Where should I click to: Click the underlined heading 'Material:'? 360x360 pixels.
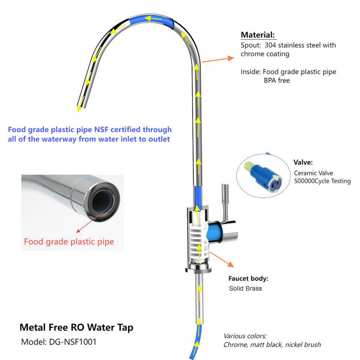click(x=258, y=35)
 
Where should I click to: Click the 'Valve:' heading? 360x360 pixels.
click(x=303, y=163)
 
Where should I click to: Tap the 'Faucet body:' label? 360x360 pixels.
click(x=248, y=279)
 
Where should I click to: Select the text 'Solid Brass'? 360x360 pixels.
click(x=245, y=289)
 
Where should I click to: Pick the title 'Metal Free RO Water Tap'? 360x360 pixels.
click(x=76, y=327)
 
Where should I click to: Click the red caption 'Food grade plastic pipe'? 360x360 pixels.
click(x=69, y=241)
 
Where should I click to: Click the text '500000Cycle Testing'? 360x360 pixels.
click(x=322, y=181)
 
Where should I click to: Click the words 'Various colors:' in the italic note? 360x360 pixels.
click(x=245, y=336)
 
